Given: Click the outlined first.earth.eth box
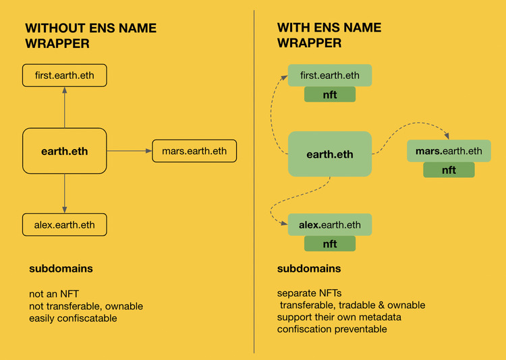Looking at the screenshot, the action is [65, 76].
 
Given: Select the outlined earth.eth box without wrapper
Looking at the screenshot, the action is [65, 151].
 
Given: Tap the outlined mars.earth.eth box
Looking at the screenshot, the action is [194, 151].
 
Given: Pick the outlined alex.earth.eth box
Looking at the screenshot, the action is [65, 224].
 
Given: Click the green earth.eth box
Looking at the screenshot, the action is [330, 154].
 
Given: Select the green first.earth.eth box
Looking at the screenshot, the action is [330, 76].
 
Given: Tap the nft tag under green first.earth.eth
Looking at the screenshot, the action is [330, 94].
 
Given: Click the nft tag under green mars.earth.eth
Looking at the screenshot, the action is [449, 170].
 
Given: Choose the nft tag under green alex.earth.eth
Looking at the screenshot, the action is [330, 243].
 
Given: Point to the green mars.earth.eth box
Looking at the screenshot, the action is [449, 151].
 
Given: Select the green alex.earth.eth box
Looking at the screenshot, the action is [330, 224].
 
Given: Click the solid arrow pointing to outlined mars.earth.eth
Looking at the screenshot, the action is [130, 150].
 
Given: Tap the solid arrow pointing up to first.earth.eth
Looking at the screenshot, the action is [65, 107].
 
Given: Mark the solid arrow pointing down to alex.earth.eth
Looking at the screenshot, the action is [65, 193].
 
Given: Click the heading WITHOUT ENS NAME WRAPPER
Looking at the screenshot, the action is [90, 36].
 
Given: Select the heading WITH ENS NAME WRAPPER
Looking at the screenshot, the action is [329, 35].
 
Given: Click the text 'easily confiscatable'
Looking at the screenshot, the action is [73, 318].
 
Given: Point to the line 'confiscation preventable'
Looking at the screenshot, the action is [332, 329].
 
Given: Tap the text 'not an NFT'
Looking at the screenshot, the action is [54, 294].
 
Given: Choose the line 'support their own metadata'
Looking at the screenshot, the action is [339, 317].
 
